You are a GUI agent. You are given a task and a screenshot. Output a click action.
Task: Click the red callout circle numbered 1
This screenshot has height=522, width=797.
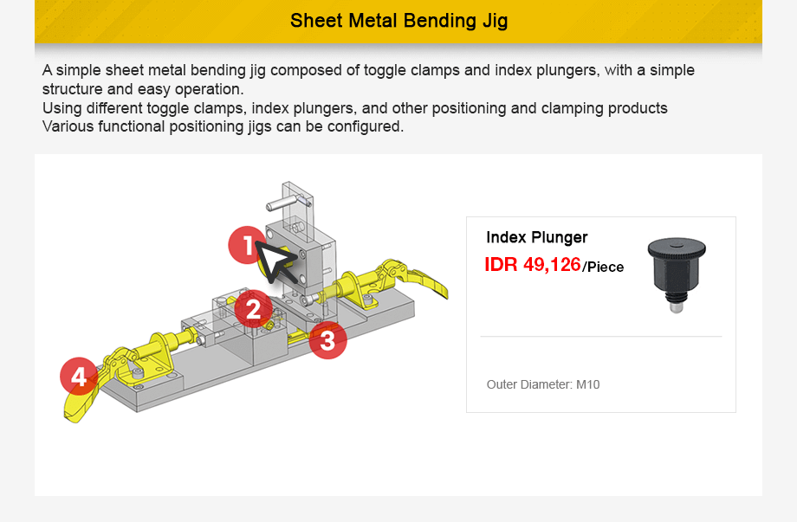[x=248, y=247]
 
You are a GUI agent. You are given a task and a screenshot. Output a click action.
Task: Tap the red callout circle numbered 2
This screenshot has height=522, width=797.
[x=253, y=308]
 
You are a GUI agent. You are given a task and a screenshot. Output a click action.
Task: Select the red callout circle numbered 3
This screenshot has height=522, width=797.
[x=327, y=340]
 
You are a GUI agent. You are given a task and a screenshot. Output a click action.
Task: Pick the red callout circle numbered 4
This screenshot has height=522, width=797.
[x=79, y=377]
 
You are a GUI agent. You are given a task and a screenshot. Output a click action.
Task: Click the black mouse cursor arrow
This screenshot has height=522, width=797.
[x=277, y=261]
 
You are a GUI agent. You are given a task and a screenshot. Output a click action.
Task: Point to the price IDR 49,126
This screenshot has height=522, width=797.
[x=532, y=265]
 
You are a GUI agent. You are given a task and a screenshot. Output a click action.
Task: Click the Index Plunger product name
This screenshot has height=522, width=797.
[x=536, y=237]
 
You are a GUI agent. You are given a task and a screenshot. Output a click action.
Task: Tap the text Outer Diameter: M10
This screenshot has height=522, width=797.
[x=542, y=384]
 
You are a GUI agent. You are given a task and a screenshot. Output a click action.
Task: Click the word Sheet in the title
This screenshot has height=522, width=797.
[x=316, y=21]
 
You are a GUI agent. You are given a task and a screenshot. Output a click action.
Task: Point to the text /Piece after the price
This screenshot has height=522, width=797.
[x=603, y=267]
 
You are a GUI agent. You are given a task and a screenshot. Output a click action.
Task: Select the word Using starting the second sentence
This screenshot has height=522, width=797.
[x=61, y=108]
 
